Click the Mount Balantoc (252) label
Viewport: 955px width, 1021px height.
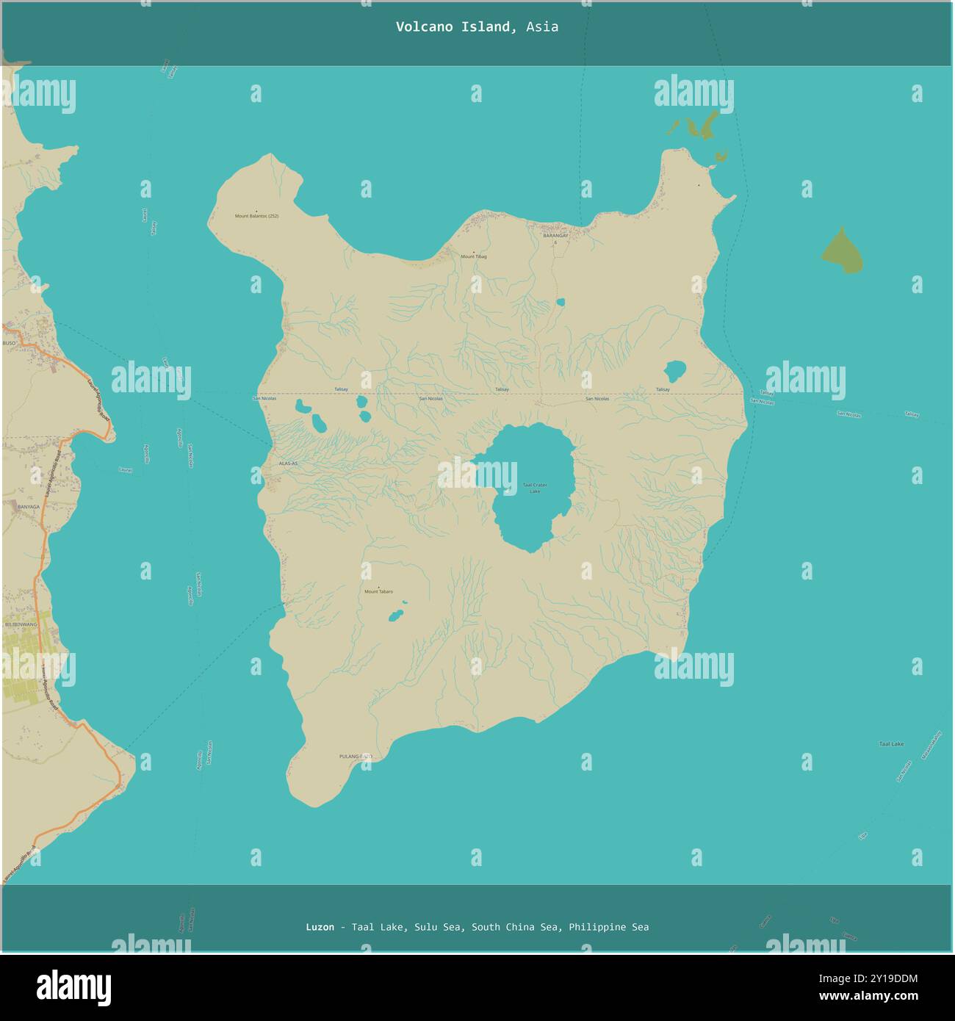[x=256, y=216]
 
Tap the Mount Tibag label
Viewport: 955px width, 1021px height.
[x=473, y=257]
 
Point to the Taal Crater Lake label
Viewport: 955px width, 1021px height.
[x=535, y=487]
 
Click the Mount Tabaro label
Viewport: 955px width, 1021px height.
[x=378, y=591]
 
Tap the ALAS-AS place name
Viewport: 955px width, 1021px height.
[x=288, y=463]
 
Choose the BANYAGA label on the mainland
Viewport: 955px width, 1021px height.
[x=29, y=507]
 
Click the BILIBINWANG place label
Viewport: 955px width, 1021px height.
[x=21, y=624]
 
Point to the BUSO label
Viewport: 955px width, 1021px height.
[x=9, y=343]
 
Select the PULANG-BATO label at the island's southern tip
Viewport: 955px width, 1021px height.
[x=356, y=756]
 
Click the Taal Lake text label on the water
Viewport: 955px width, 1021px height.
[x=891, y=744]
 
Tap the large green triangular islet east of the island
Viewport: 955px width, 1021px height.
[x=842, y=252]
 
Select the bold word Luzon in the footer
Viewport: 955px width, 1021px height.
[x=320, y=927]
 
